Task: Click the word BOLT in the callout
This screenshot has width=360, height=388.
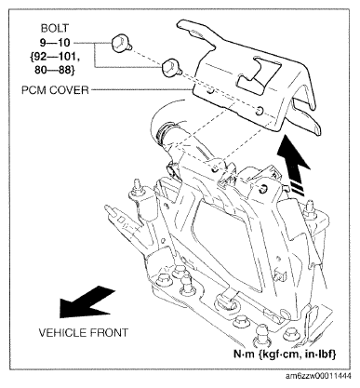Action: pyautogui.click(x=54, y=28)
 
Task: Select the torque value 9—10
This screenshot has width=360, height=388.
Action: pyautogui.click(x=55, y=42)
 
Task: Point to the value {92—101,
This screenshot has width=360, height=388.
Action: pyautogui.click(x=55, y=57)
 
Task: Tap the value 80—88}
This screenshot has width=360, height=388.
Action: pyautogui.click(x=55, y=71)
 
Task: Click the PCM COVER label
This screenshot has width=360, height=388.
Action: pyautogui.click(x=55, y=90)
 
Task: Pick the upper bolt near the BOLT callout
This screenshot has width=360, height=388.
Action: pyautogui.click(x=120, y=44)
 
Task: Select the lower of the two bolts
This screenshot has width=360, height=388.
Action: pyautogui.click(x=170, y=68)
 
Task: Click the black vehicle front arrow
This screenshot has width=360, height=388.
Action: pyautogui.click(x=87, y=301)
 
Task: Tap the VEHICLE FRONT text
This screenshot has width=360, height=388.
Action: pyautogui.click(x=83, y=333)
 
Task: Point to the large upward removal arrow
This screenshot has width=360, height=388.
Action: pyautogui.click(x=293, y=165)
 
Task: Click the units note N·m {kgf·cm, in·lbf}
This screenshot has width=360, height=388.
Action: pyautogui.click(x=285, y=355)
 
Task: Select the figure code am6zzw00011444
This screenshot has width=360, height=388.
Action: pyautogui.click(x=318, y=377)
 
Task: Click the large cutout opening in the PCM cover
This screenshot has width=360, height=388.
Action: pyautogui.click(x=259, y=74)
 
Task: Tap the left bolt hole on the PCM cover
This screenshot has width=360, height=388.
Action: pyautogui.click(x=211, y=92)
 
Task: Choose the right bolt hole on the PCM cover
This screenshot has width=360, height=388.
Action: pyautogui.click(x=260, y=110)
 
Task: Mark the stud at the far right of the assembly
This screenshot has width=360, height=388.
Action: pyautogui.click(x=310, y=208)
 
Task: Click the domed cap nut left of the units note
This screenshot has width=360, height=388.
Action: pyautogui.click(x=261, y=335)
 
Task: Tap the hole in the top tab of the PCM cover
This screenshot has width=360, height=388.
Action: pyautogui.click(x=197, y=33)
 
